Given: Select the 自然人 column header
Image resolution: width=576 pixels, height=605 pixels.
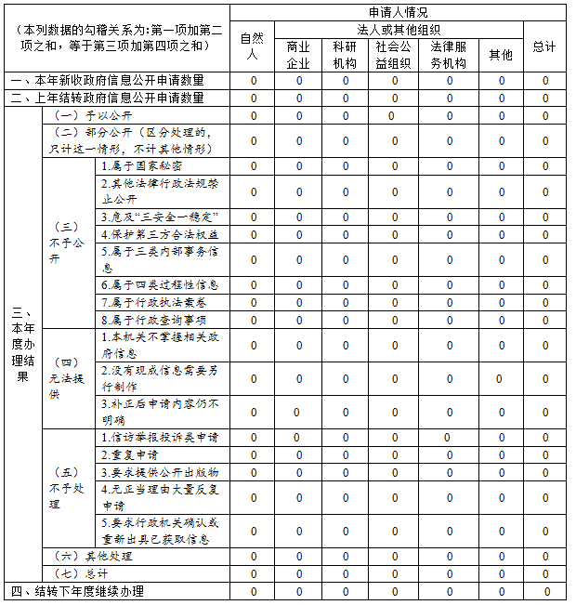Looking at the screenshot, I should pyautogui.click(x=252, y=46).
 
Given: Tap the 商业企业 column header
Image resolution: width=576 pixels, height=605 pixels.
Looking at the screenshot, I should pyautogui.click(x=298, y=55).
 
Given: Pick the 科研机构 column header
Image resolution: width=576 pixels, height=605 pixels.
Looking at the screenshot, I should pyautogui.click(x=345, y=55).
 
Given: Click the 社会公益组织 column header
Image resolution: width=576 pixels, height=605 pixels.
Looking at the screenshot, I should pyautogui.click(x=393, y=55).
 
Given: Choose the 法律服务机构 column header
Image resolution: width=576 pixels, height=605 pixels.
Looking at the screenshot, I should pyautogui.click(x=449, y=55).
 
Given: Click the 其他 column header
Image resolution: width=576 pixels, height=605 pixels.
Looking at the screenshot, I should pyautogui.click(x=501, y=55).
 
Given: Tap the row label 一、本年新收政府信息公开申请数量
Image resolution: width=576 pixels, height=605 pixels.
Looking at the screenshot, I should pyautogui.click(x=117, y=81).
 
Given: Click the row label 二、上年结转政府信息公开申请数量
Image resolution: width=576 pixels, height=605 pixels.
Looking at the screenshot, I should pyautogui.click(x=117, y=98).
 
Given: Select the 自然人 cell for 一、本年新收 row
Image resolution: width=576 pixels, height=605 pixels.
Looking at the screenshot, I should pyautogui.click(x=253, y=81).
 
